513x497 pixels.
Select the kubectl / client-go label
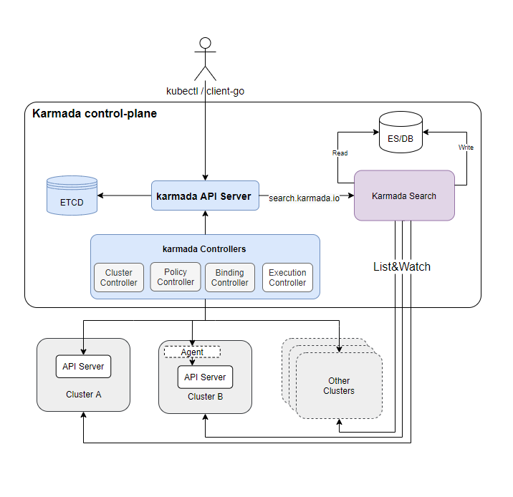pyautogui.click(x=206, y=91)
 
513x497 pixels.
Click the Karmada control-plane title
pyautogui.click(x=95, y=114)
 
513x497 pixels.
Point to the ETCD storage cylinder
pyautogui.click(x=72, y=196)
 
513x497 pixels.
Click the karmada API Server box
pyautogui.click(x=205, y=196)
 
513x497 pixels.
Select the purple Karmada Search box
pyautogui.click(x=404, y=196)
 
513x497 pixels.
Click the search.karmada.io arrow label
pyautogui.click(x=303, y=197)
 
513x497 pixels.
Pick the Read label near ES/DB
pyautogui.click(x=340, y=153)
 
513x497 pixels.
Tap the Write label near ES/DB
pyautogui.click(x=466, y=148)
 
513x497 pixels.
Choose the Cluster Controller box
pyautogui.click(x=119, y=278)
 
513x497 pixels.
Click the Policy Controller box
pyautogui.click(x=176, y=277)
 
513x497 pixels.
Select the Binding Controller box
pyautogui.click(x=230, y=278)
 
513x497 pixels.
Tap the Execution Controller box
pyautogui.click(x=287, y=278)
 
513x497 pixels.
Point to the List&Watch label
pyautogui.click(x=402, y=266)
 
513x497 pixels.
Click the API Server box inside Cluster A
pyautogui.click(x=83, y=367)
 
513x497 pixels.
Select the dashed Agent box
pyautogui.click(x=192, y=352)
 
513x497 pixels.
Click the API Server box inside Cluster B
pyautogui.click(x=205, y=377)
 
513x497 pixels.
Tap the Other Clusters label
pyautogui.click(x=339, y=386)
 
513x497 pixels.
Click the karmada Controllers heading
pyautogui.click(x=204, y=249)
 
